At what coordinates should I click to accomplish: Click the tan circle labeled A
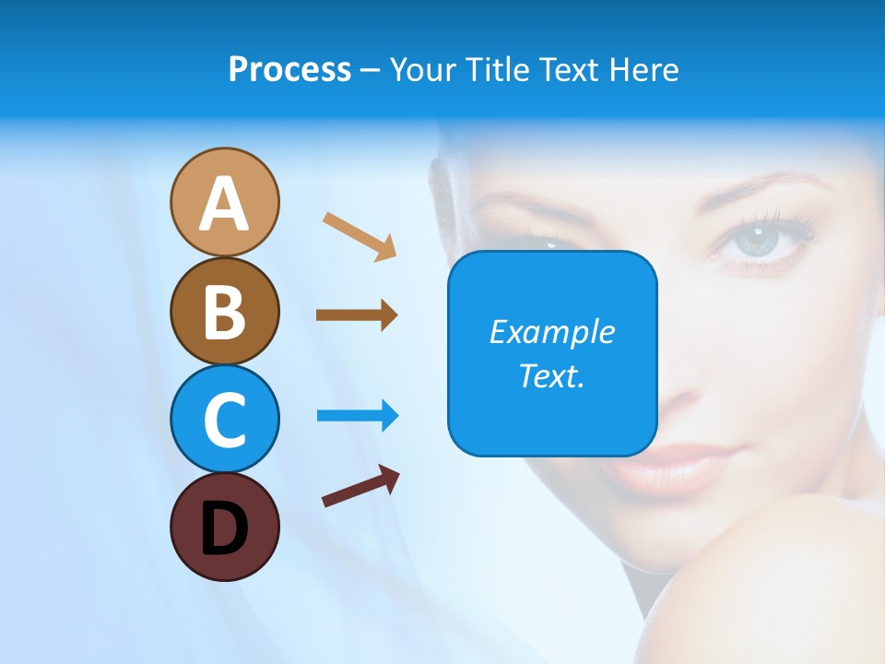point(224,202)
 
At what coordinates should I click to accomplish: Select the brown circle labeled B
point(224,311)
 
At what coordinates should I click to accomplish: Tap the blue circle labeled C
point(224,419)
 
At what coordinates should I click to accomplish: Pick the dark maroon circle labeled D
point(224,527)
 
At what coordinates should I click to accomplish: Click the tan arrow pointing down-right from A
point(360,236)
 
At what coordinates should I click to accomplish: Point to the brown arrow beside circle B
point(357,315)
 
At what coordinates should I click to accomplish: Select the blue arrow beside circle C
point(358,416)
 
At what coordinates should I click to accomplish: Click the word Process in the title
point(289,70)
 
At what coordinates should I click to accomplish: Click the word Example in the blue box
point(551,332)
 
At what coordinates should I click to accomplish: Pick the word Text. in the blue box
point(551,375)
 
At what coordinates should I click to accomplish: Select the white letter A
point(224,204)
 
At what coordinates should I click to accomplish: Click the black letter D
point(224,528)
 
